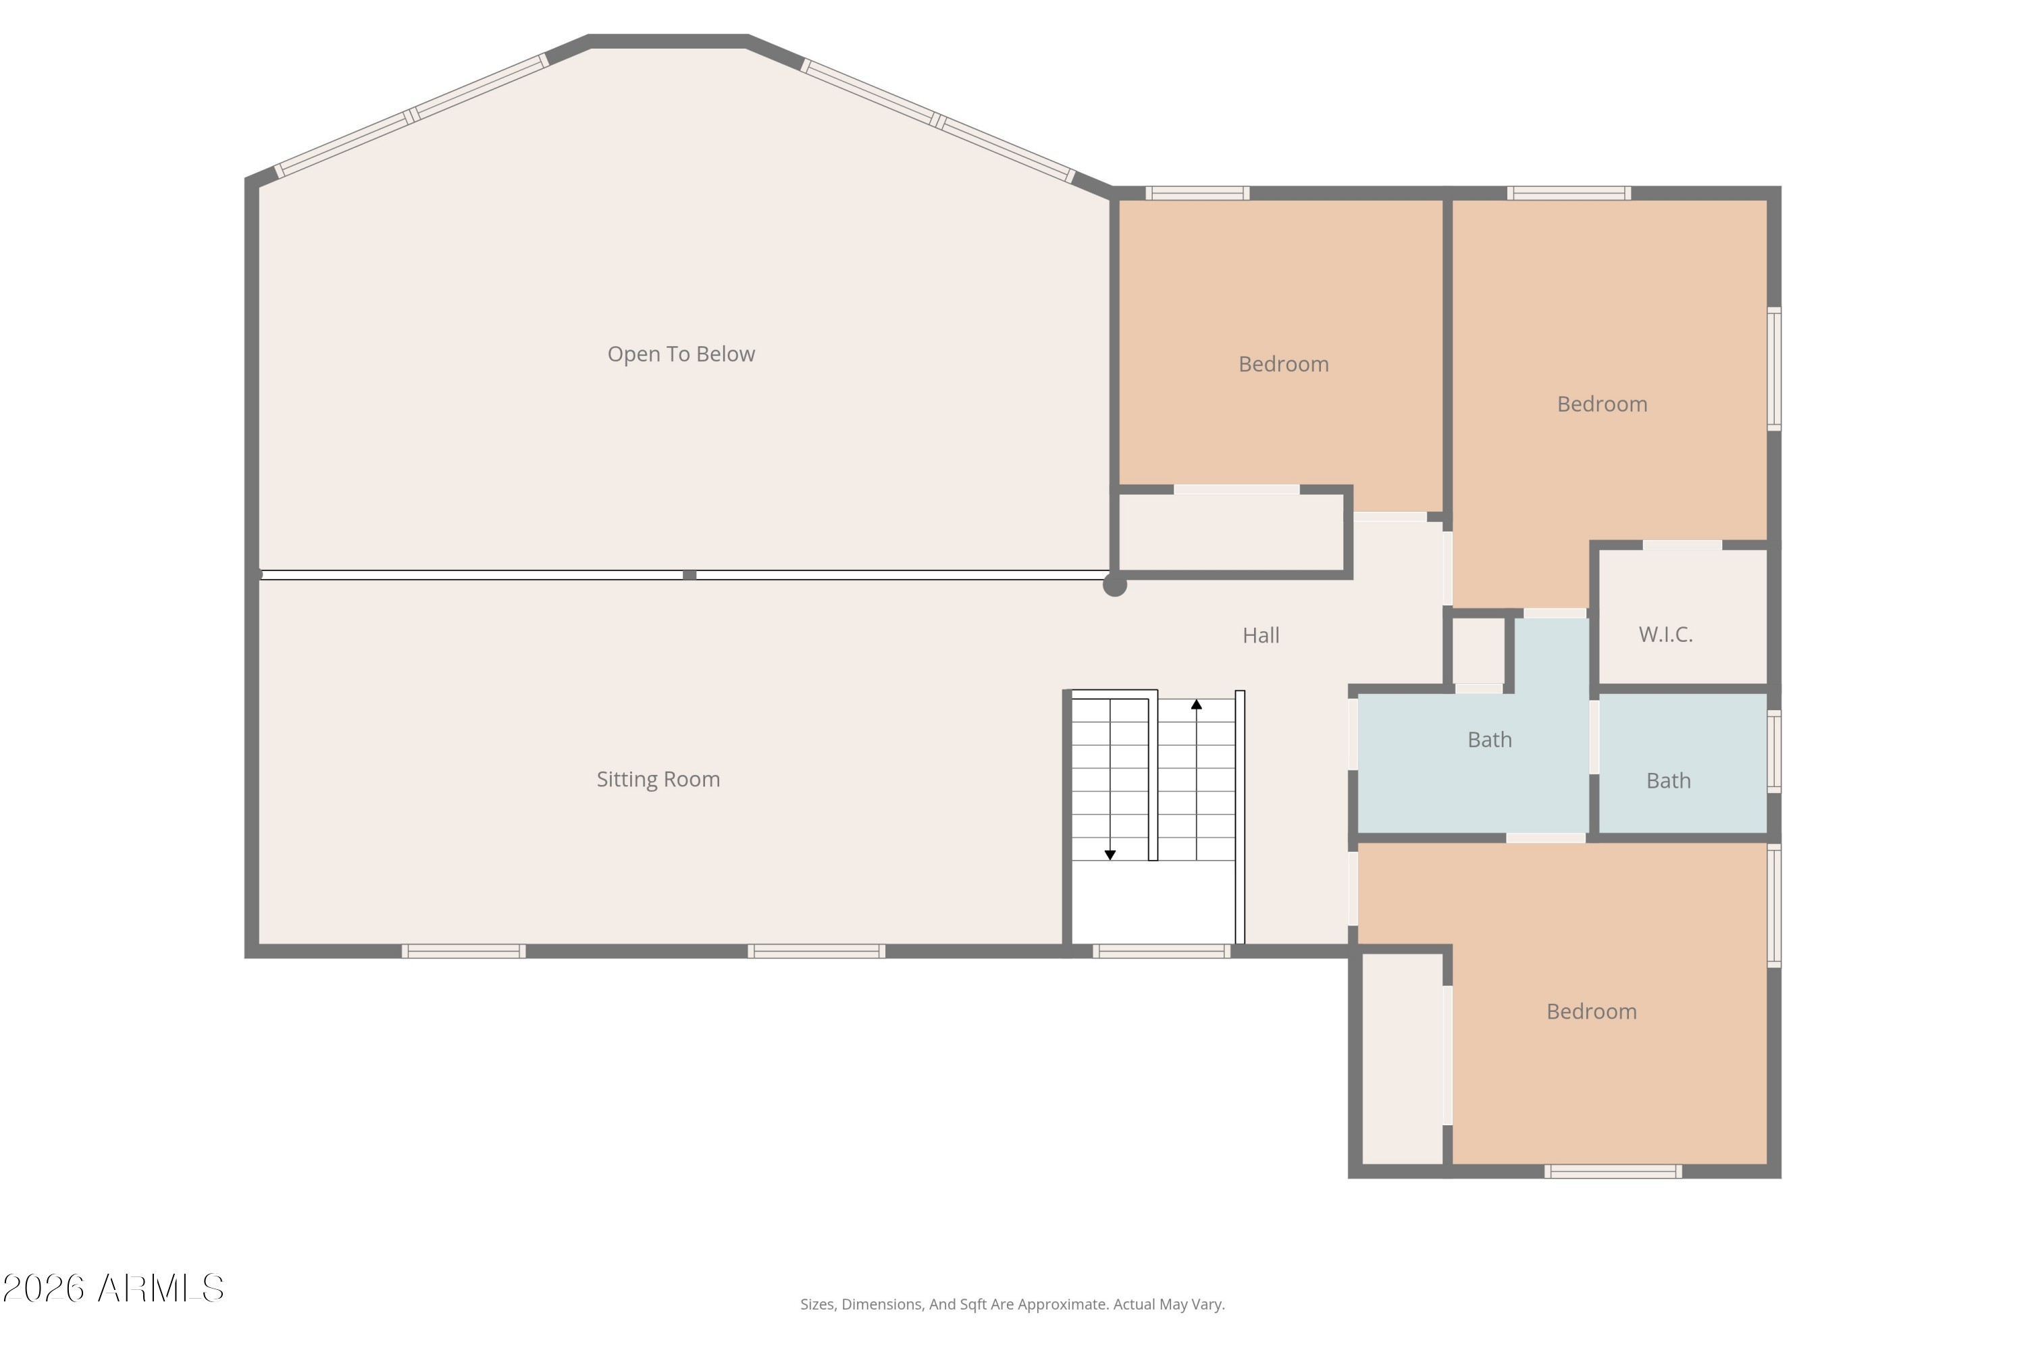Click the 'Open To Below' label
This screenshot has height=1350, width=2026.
(681, 354)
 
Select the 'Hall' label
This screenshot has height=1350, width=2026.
(1260, 635)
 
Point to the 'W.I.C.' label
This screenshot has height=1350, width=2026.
(1665, 634)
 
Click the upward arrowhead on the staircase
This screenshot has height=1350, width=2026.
(1197, 704)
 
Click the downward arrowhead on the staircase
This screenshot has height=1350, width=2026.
(1110, 855)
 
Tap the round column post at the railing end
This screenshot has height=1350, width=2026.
(1115, 585)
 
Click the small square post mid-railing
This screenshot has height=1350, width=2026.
(689, 574)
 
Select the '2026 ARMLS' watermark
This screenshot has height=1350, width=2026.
(113, 1288)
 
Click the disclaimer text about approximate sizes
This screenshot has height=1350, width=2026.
(1012, 1304)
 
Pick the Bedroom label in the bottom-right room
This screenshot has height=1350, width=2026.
(1591, 1012)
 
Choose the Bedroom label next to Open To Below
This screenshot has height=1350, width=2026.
(1284, 364)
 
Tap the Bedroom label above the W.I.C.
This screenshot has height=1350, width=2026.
(1601, 404)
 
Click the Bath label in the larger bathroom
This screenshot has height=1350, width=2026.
(1489, 740)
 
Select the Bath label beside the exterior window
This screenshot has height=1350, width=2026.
(1669, 781)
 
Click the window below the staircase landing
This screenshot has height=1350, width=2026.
(1161, 951)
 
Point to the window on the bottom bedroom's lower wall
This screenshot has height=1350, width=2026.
(1613, 1171)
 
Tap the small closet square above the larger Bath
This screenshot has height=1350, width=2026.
(1478, 650)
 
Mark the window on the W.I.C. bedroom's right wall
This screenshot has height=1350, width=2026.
(1775, 369)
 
